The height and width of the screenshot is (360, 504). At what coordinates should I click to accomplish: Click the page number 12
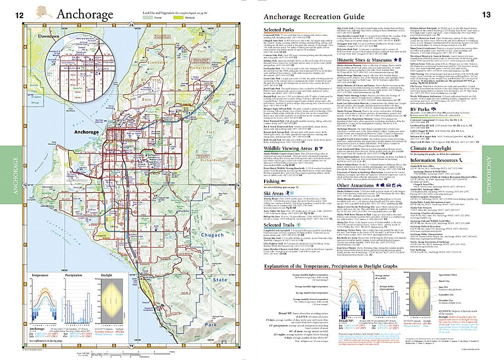(19, 15)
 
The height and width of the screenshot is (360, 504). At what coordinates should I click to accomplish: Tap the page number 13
(486, 15)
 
